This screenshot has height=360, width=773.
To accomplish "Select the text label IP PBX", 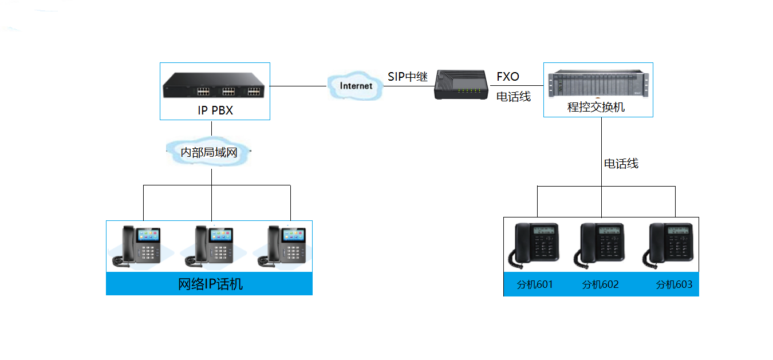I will [215, 110].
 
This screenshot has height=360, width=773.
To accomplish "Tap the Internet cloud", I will [356, 86].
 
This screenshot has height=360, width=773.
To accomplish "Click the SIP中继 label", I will [408, 77].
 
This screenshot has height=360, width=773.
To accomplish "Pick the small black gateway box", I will [459, 85].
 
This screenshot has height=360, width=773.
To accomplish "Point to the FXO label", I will [508, 77].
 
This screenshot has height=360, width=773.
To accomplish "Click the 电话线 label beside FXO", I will [514, 97].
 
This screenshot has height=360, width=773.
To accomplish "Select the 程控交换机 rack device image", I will [598, 84].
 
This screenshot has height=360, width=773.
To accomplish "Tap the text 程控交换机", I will [596, 107].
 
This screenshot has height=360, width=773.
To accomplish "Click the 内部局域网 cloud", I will [209, 152].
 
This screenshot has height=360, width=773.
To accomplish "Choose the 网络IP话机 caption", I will [210, 284].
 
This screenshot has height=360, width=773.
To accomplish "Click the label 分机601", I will [535, 284].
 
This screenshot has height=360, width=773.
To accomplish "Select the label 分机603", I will [674, 284].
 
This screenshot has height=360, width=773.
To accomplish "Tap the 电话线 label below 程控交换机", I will [621, 164].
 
